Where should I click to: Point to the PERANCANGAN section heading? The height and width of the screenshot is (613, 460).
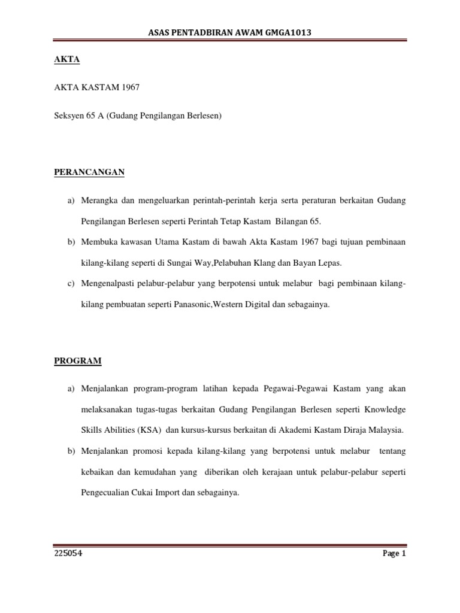coord(89,172)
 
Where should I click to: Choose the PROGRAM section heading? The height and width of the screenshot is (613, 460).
coord(78,360)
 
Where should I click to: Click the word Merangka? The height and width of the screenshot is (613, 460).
coord(99,201)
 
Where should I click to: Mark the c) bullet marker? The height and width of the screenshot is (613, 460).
coord(71,283)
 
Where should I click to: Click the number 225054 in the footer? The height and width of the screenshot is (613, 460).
coord(68,553)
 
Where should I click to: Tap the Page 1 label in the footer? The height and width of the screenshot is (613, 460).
coord(394,553)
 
